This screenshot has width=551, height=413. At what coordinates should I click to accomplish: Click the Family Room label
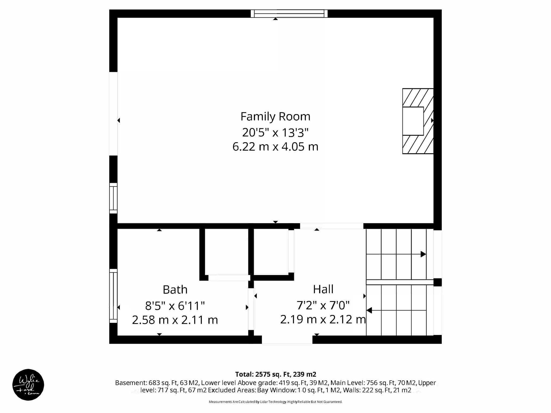(x=275, y=117)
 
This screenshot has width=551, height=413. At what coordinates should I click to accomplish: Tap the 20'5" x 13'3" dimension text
(x=275, y=133)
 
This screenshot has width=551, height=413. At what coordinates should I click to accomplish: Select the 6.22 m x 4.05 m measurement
(x=275, y=147)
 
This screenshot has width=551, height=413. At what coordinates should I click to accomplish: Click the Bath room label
(x=175, y=290)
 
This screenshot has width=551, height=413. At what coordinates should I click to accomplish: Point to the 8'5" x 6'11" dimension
(x=175, y=306)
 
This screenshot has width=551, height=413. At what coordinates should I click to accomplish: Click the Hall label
(x=323, y=289)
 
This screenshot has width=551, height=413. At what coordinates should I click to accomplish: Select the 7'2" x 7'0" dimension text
(x=323, y=305)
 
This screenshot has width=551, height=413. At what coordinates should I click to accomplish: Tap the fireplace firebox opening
(x=413, y=121)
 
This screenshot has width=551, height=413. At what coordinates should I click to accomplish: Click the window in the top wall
(x=289, y=13)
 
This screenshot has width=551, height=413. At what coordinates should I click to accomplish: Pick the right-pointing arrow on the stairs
(x=423, y=254)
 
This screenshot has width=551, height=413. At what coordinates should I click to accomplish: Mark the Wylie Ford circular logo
(x=28, y=384)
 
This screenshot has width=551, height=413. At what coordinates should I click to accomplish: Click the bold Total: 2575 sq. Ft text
(x=275, y=374)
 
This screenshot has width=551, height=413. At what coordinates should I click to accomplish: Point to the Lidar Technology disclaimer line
(x=275, y=402)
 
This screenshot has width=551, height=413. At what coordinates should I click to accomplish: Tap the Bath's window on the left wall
(x=113, y=296)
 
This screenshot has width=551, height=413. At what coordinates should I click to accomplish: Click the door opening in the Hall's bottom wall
(x=287, y=340)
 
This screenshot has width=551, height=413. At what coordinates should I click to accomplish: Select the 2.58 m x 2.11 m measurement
(x=175, y=320)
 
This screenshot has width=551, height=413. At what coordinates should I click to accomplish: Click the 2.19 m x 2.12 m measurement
(x=323, y=319)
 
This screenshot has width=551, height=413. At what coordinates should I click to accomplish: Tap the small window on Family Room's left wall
(x=113, y=198)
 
